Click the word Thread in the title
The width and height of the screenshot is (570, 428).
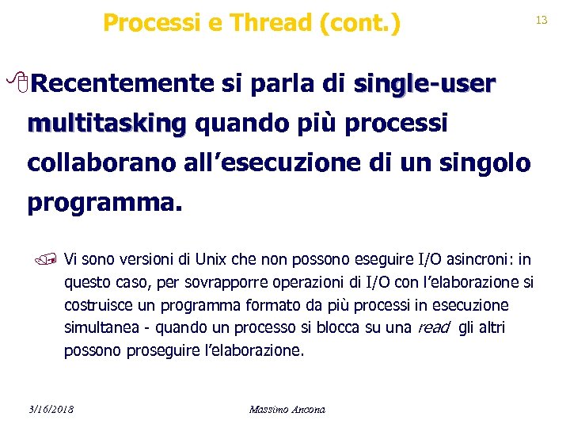pos(264,23)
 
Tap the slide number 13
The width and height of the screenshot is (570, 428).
pos(541,20)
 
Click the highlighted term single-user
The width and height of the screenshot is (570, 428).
pos(424,83)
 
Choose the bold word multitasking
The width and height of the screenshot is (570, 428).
pos(106,124)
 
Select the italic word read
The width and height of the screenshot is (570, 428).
pos(433,328)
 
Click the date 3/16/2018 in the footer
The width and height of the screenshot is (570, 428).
pos(50,409)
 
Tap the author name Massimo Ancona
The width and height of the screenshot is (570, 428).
pos(287,409)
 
